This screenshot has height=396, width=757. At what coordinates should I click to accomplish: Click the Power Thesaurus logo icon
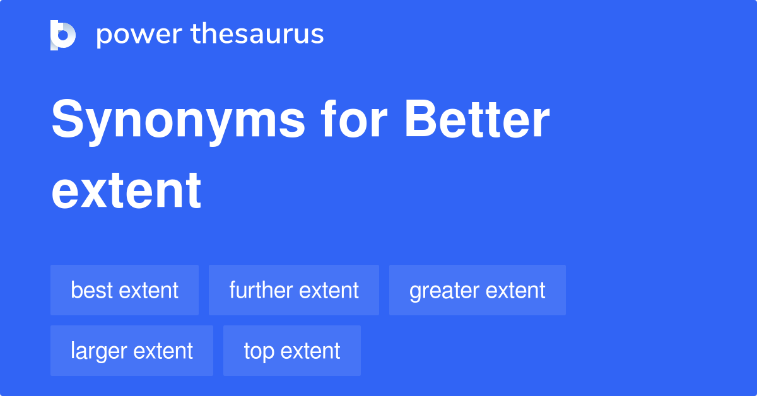coord(63,35)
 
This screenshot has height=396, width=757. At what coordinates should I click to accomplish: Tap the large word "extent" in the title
coord(126,190)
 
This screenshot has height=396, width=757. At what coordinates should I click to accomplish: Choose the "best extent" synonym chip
coord(124,290)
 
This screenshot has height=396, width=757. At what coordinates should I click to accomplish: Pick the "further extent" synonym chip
coord(294,290)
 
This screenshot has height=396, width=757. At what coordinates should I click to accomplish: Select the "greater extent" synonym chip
coord(478,290)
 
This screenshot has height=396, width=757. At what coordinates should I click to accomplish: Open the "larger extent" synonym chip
coord(132,351)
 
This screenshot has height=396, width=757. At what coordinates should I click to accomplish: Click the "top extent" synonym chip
coord(292,351)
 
